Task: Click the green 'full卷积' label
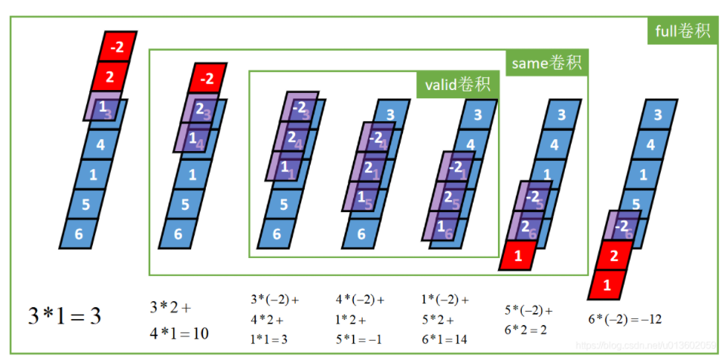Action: click(682, 31)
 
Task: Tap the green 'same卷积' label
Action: click(548, 63)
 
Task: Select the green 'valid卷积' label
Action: click(457, 84)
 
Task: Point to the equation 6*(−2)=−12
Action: click(624, 319)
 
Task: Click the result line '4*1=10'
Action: click(179, 332)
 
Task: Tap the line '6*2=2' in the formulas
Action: click(527, 330)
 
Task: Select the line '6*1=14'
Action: click(444, 339)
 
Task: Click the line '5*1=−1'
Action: click(359, 339)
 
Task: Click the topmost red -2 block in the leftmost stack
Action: click(117, 45)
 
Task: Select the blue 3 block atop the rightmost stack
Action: click(657, 115)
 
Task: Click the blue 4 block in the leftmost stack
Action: click(100, 143)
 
